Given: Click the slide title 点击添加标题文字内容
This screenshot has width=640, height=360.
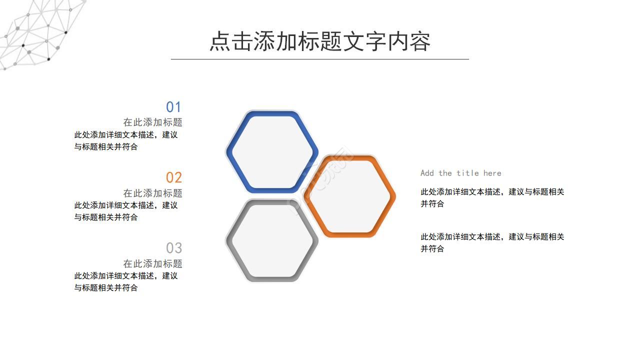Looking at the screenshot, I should tap(320, 41).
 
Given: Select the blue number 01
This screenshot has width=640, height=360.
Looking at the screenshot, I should tap(173, 107).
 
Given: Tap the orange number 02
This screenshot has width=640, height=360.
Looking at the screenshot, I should tap(173, 177).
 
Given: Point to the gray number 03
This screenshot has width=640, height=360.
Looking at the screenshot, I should tap(173, 248).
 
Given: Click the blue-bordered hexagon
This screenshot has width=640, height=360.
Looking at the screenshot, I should tap(271, 151).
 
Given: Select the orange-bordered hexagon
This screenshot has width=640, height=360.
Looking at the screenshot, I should tap(349, 196).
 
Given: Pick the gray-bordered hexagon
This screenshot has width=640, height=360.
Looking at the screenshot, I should tap(271, 241).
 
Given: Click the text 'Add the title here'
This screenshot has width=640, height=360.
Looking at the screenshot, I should tap(460, 173).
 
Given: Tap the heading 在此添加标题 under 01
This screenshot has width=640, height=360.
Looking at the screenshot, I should tap(152, 122).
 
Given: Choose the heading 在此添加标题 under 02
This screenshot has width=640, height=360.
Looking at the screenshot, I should tap(152, 193).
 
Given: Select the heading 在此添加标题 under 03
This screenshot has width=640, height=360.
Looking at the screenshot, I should tap(152, 263).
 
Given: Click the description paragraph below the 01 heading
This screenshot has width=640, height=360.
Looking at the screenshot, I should tap(125, 140).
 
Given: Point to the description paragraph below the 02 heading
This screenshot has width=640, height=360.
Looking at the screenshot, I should tap(125, 211).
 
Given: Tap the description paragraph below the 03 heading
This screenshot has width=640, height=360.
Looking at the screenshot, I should tap(125, 281).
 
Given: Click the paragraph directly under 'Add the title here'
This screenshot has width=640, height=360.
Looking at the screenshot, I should tap(492, 197).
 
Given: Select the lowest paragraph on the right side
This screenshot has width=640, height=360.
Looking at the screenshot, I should tap(492, 242).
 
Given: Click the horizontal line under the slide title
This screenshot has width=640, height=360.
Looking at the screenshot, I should tap(320, 59).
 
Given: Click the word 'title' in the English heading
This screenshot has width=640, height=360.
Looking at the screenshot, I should tap(467, 173).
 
